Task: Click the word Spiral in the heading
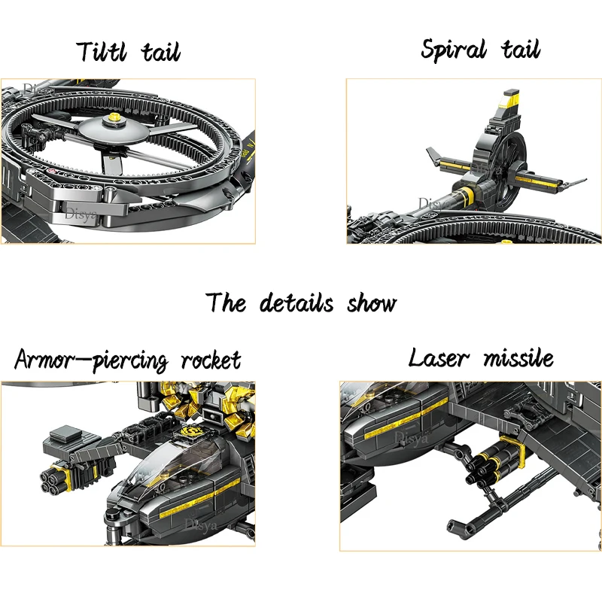point(453,50)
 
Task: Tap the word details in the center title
point(296,303)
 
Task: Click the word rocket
point(211,360)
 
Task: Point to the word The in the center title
point(227,303)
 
